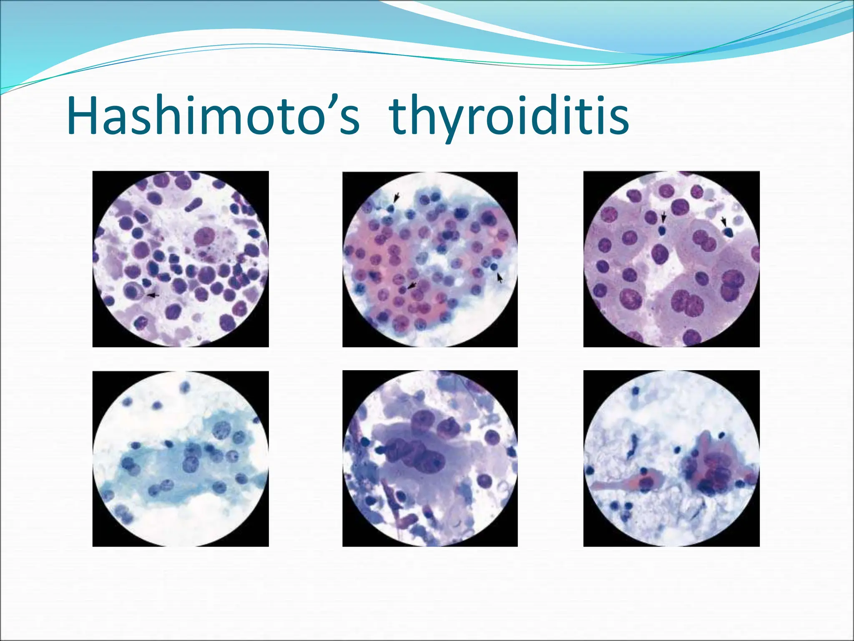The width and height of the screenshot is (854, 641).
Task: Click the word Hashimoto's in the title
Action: pyautogui.click(x=213, y=116)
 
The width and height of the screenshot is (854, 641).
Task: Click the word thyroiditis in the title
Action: pyautogui.click(x=509, y=117)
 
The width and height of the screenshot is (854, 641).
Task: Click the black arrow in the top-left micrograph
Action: pyautogui.click(x=153, y=295)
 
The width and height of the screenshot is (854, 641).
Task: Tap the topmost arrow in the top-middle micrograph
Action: pyautogui.click(x=397, y=196)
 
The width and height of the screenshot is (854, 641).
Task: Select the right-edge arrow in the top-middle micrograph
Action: pyautogui.click(x=500, y=277)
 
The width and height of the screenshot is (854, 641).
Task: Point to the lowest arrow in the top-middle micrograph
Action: pyautogui.click(x=412, y=285)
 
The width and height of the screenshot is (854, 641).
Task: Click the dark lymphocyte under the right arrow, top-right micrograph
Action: pyautogui.click(x=728, y=233)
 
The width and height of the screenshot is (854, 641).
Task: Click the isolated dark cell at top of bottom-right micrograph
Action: pyautogui.click(x=635, y=391)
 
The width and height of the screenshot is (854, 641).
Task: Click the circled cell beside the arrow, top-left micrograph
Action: pyautogui.click(x=133, y=290)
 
